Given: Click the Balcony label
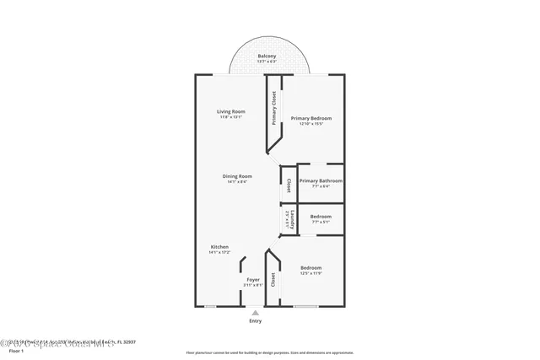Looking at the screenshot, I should click(267, 56).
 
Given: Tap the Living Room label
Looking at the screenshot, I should click(231, 111).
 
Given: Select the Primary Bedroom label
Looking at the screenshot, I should click(311, 118).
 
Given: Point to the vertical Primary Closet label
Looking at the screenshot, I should click(274, 109).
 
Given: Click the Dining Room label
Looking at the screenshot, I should click(237, 176).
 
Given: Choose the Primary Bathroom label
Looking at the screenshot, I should click(321, 180).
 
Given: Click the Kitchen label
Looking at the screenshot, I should click(219, 247).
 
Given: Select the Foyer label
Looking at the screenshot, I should click(253, 279).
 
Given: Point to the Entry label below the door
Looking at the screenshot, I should click(255, 321).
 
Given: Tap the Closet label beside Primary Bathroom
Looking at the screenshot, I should click(289, 185).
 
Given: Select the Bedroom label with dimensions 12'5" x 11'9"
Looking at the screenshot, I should click(311, 268).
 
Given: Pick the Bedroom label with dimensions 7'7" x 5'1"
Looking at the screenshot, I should click(321, 217).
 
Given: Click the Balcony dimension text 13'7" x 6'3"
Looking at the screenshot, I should click(267, 62).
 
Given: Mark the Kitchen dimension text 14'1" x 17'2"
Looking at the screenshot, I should click(219, 253).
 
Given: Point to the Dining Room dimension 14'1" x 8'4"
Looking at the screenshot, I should click(237, 182).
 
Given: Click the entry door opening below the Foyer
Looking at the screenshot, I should click(255, 307).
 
